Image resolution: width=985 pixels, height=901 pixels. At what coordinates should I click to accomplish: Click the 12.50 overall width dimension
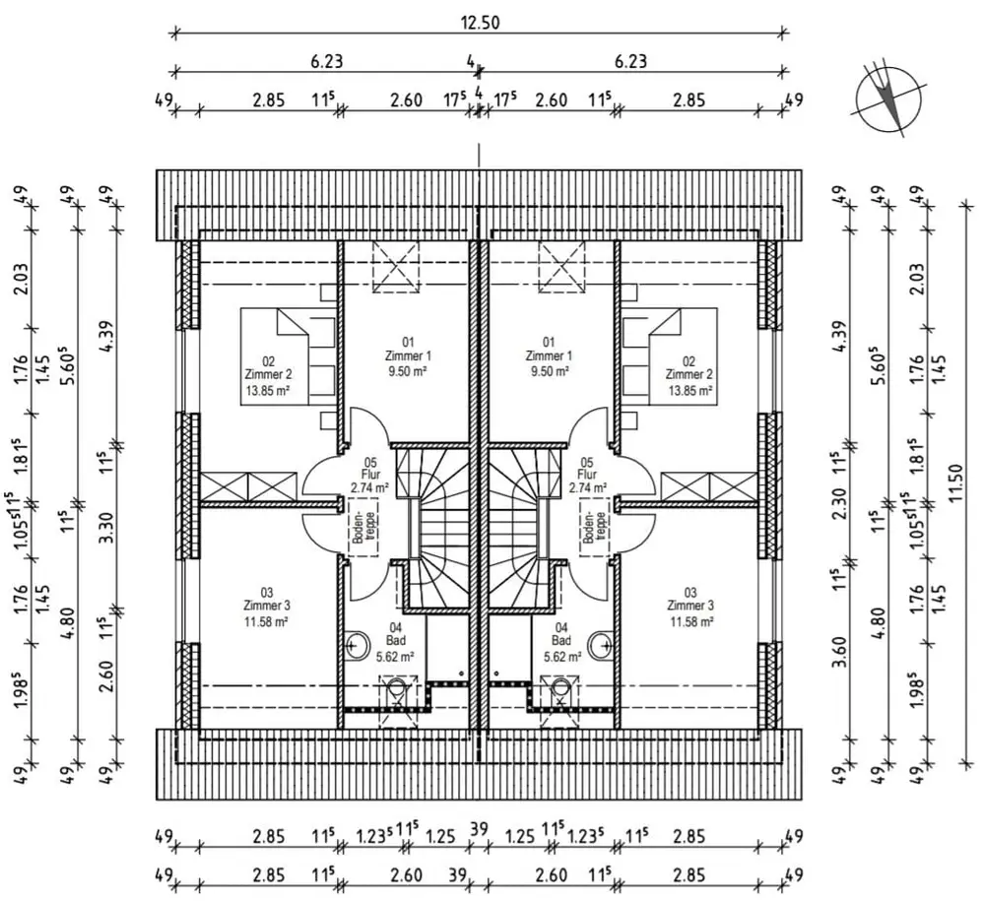click(480, 24)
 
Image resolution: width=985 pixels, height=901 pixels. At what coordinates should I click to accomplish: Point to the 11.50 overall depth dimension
click(956, 483)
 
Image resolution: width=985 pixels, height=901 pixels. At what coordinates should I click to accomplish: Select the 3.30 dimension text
click(106, 528)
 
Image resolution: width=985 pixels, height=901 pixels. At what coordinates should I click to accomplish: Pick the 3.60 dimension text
click(840, 653)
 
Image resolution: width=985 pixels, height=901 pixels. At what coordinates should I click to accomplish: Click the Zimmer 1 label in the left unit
click(409, 356)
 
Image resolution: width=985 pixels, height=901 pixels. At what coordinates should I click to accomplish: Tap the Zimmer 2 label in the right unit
click(689, 375)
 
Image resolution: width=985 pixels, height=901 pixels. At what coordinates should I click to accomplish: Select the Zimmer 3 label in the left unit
click(267, 606)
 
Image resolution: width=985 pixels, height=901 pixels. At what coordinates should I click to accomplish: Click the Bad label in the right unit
click(561, 641)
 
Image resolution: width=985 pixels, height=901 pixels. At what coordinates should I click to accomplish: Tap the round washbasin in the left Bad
click(357, 644)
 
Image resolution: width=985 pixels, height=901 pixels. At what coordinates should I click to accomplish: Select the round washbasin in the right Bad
click(601, 644)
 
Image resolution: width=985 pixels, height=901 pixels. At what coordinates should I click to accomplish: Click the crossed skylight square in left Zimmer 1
click(396, 267)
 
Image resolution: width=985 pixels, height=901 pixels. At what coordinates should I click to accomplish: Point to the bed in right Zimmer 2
click(671, 356)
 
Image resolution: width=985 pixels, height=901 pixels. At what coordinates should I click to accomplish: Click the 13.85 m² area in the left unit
click(268, 391)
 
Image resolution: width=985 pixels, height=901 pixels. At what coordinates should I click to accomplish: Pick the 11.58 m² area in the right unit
click(690, 622)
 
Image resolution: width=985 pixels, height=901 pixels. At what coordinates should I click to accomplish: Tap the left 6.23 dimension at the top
click(327, 61)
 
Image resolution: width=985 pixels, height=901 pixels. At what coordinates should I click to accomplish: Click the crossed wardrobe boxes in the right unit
click(710, 486)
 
